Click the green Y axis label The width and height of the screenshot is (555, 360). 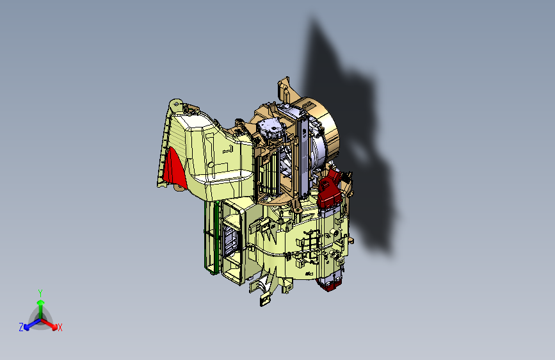40,293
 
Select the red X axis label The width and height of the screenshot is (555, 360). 60,328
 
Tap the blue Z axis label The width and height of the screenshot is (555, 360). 21,327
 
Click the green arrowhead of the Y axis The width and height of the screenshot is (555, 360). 41,302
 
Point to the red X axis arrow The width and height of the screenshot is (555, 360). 49,324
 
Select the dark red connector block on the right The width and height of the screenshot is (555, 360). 330,190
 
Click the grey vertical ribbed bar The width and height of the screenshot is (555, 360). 303,156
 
